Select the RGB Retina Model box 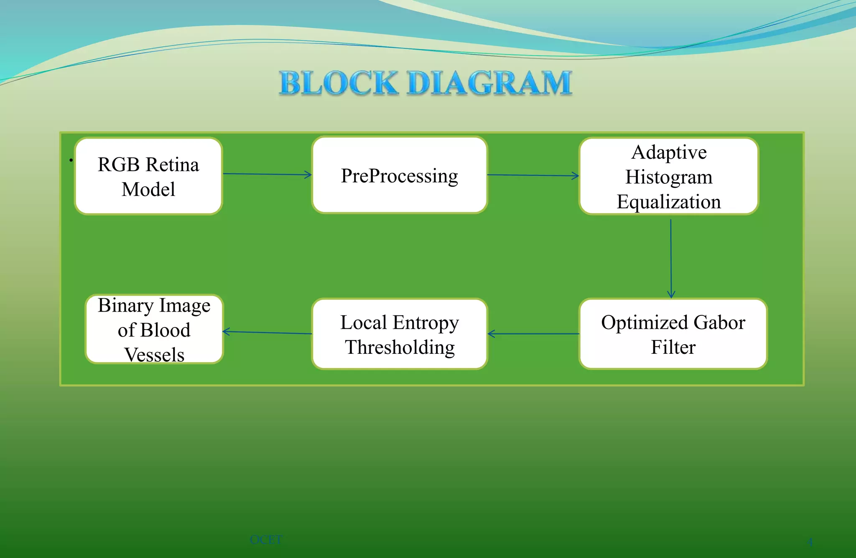(x=148, y=176)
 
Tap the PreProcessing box (x=400, y=175)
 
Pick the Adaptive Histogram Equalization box (x=669, y=176)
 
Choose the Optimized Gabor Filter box (x=673, y=334)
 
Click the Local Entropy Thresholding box (x=400, y=334)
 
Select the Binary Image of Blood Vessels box (x=154, y=329)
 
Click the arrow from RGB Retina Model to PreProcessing (x=267, y=174)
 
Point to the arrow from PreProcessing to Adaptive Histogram (x=533, y=175)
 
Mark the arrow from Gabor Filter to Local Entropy (x=533, y=334)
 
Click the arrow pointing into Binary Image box (x=267, y=332)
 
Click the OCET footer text (x=266, y=540)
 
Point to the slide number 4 (x=810, y=542)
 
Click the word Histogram (x=669, y=177)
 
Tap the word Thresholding (x=400, y=347)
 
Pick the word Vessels (x=154, y=355)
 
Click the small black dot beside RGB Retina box (x=71, y=160)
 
